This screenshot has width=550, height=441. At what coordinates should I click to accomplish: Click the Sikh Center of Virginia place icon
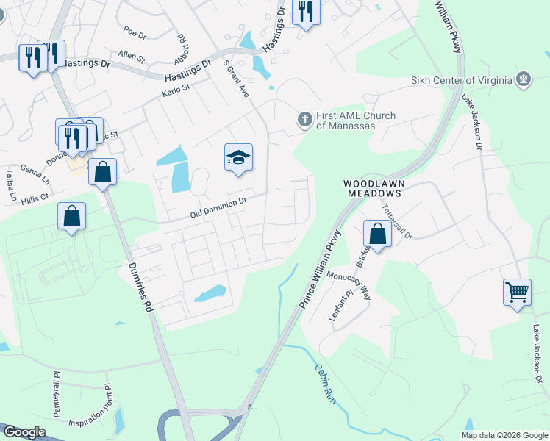coord(523,79)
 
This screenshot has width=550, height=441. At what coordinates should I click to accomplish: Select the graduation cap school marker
coord(238,158)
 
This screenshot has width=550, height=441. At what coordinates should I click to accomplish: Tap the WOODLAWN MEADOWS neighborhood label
coord(374,187)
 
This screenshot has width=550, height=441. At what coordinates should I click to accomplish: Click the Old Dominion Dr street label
coord(218,214)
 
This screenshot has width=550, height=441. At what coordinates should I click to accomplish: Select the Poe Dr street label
coord(135,32)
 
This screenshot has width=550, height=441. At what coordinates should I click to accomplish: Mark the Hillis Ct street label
coord(34,198)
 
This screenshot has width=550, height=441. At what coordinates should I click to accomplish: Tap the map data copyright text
coord(504,435)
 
